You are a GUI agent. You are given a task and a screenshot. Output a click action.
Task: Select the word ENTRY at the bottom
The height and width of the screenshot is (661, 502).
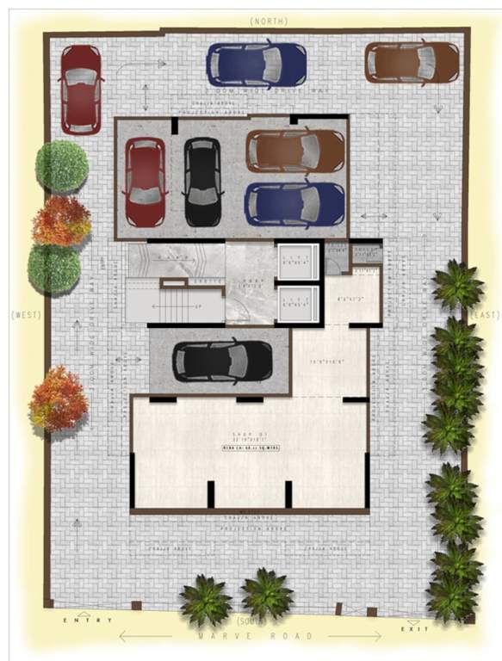click(81, 619)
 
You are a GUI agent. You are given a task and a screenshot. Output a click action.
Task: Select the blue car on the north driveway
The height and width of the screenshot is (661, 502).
click(256, 65)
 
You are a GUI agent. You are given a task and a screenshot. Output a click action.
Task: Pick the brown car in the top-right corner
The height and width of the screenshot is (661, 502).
click(412, 62)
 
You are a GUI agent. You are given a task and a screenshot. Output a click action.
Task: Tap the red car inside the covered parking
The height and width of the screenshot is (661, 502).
click(145, 181)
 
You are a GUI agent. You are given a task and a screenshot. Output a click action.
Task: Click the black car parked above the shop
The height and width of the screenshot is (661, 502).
click(222, 361)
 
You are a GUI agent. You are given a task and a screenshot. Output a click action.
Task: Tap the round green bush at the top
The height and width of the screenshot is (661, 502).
click(61, 166)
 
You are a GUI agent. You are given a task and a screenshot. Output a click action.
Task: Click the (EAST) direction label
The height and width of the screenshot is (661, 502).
click(485, 316)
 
